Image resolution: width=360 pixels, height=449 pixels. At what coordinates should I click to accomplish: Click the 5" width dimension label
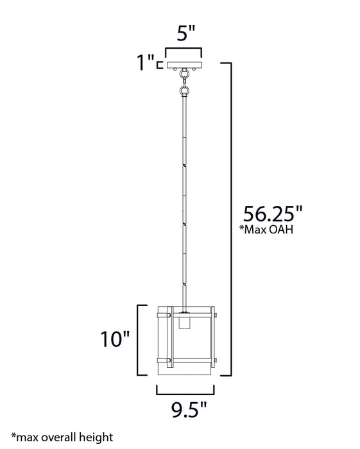(x=184, y=37)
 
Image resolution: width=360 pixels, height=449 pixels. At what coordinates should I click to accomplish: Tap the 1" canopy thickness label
(x=146, y=62)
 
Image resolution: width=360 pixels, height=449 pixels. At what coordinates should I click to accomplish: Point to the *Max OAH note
(x=265, y=231)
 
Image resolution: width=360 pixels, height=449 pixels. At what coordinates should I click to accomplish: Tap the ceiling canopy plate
(x=184, y=65)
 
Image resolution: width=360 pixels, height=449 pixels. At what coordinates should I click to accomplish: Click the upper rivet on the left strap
(x=169, y=315)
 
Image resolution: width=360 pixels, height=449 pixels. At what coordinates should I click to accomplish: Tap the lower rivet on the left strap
(x=169, y=360)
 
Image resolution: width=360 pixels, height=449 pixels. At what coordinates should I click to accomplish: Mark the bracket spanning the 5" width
(x=184, y=51)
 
